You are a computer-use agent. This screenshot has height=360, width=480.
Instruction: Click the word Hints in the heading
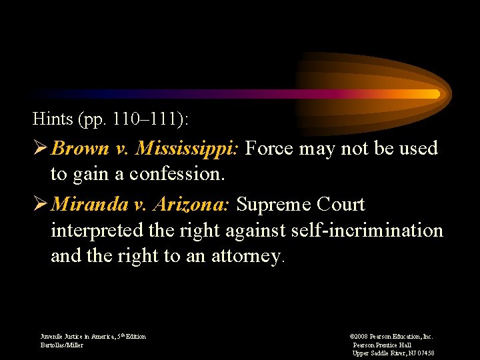pos(53,120)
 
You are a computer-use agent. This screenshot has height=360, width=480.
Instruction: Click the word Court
pos(341,205)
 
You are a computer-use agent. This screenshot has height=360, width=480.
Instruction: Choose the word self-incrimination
pos(367,231)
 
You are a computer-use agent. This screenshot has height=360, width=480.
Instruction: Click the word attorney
pos(244,257)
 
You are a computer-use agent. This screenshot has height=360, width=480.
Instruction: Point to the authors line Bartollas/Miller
pos(62,345)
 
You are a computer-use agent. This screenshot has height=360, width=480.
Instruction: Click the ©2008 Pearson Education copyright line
pos(391,337)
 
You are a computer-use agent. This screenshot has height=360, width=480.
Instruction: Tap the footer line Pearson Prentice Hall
pos(382,345)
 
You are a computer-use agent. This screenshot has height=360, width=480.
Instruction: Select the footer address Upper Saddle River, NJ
pos(393,353)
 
